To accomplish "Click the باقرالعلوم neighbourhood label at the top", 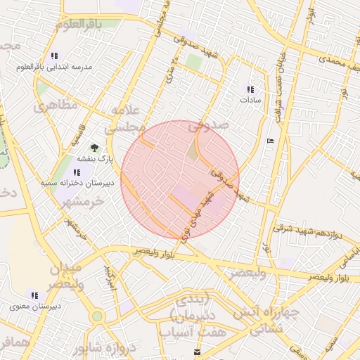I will (x=85, y=25).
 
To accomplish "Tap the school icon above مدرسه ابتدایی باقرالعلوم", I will (x=54, y=56).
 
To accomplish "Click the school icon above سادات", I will (x=250, y=89).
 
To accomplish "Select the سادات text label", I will (x=250, y=101).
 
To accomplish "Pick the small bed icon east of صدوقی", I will (x=271, y=141).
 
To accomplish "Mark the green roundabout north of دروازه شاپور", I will (x=97, y=316).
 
